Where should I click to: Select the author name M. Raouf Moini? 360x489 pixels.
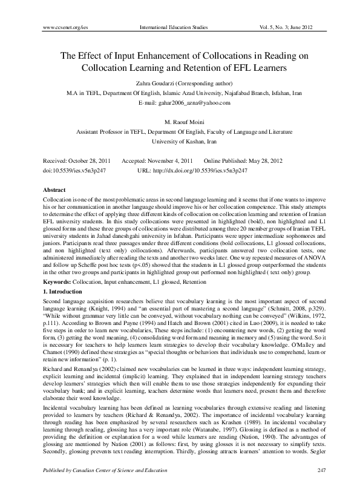tap(180, 122)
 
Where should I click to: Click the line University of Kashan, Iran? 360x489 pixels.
tap(180, 140)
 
